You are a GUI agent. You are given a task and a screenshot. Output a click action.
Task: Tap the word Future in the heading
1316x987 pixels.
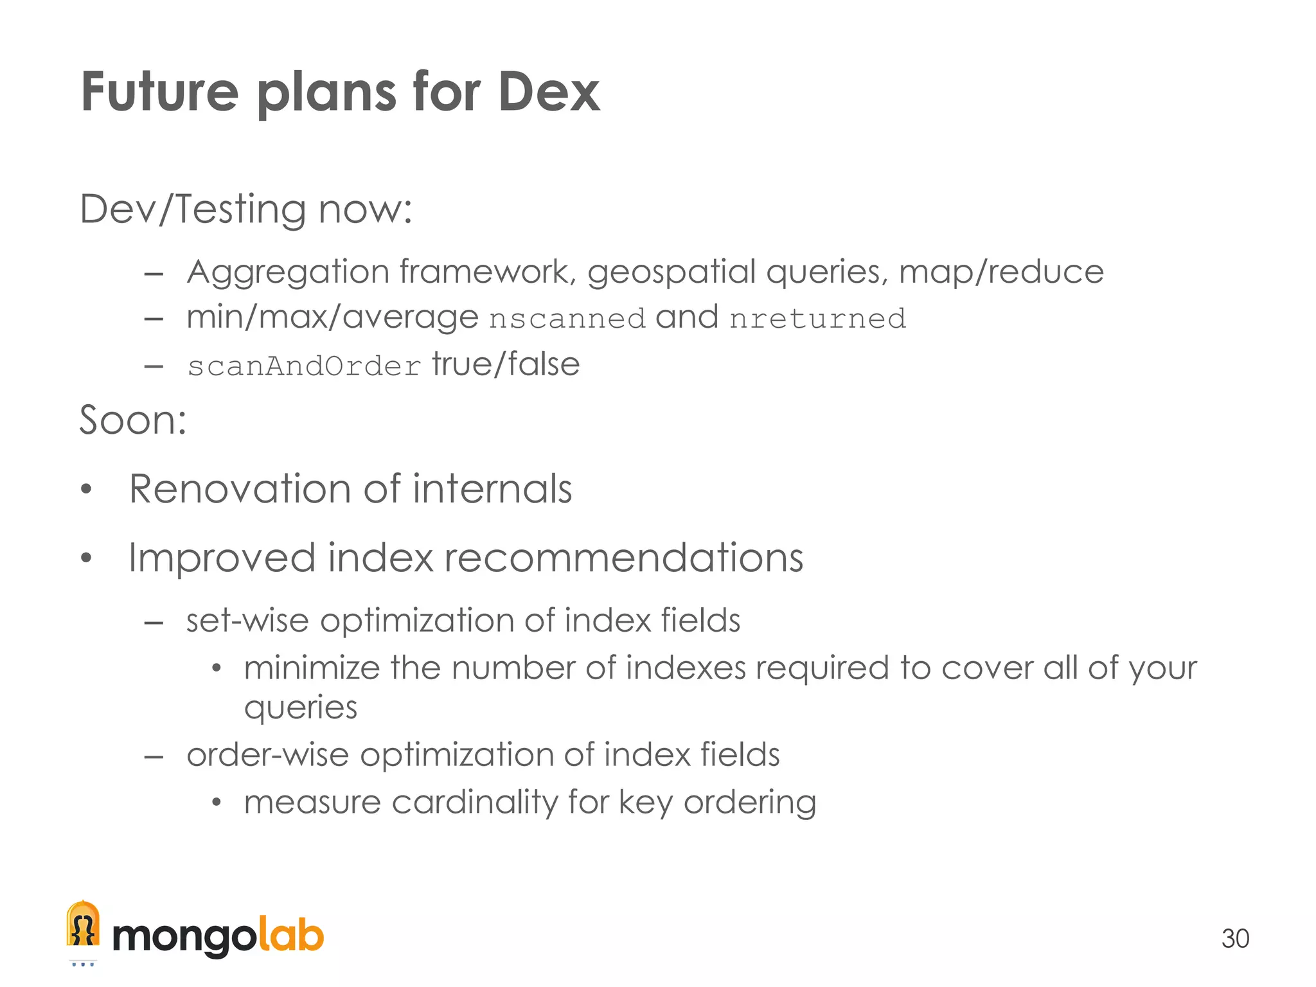[159, 92]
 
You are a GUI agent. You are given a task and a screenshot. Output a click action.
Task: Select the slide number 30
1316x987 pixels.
[1234, 939]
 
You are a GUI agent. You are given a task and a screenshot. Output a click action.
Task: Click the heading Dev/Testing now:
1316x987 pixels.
[245, 209]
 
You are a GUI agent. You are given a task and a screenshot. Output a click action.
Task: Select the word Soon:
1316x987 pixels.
[133, 420]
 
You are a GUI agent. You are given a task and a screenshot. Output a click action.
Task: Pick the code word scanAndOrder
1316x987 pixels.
[304, 366]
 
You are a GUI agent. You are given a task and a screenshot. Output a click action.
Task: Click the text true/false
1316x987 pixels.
[506, 364]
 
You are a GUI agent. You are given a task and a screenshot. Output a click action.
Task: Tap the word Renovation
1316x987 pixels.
[240, 489]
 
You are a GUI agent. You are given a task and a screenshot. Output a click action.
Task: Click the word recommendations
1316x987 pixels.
[623, 557]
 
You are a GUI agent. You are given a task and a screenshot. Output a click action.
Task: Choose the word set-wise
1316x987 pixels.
[247, 621]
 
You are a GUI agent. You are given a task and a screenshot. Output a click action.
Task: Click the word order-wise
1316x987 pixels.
[267, 754]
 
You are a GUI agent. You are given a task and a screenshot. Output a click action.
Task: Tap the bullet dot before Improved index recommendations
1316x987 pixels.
[87, 558]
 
